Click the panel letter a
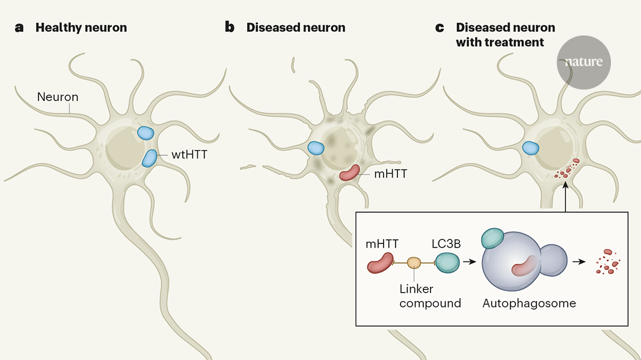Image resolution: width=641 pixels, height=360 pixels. [x=20, y=28]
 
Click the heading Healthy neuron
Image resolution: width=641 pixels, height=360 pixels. [x=81, y=28]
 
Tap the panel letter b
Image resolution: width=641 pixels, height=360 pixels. [x=230, y=28]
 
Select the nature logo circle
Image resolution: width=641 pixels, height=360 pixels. [x=583, y=62]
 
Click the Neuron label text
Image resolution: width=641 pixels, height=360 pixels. [x=58, y=96]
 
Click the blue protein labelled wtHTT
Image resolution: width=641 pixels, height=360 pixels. [x=149, y=157]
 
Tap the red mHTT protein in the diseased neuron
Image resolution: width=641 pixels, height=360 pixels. [x=350, y=173]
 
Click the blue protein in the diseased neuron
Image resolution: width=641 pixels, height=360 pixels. [x=316, y=147]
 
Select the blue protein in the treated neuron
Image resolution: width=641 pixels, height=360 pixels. [x=530, y=147]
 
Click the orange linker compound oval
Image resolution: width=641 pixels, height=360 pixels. [x=414, y=263]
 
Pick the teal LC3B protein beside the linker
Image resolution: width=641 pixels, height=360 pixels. [x=447, y=263]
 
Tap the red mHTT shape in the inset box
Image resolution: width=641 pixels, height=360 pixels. [x=380, y=263]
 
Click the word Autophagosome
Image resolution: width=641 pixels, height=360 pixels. [x=529, y=304]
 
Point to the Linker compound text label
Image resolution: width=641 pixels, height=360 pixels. [x=430, y=296]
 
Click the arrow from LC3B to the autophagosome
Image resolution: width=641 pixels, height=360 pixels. [x=470, y=263]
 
